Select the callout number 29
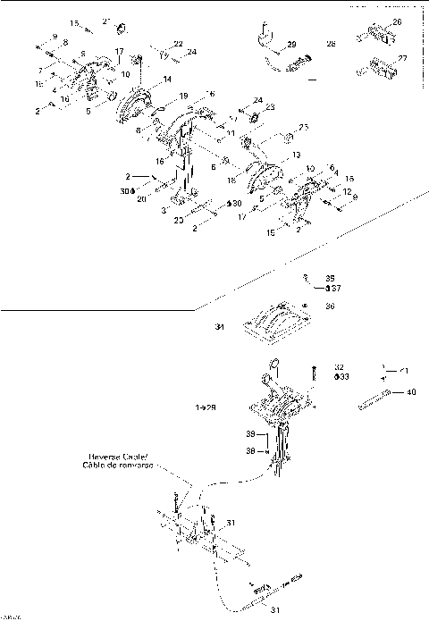(291, 44)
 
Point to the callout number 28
(331, 43)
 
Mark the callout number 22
(178, 44)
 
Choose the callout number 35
(329, 278)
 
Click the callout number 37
(332, 288)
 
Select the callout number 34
(217, 327)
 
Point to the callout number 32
(339, 366)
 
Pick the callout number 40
(410, 391)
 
